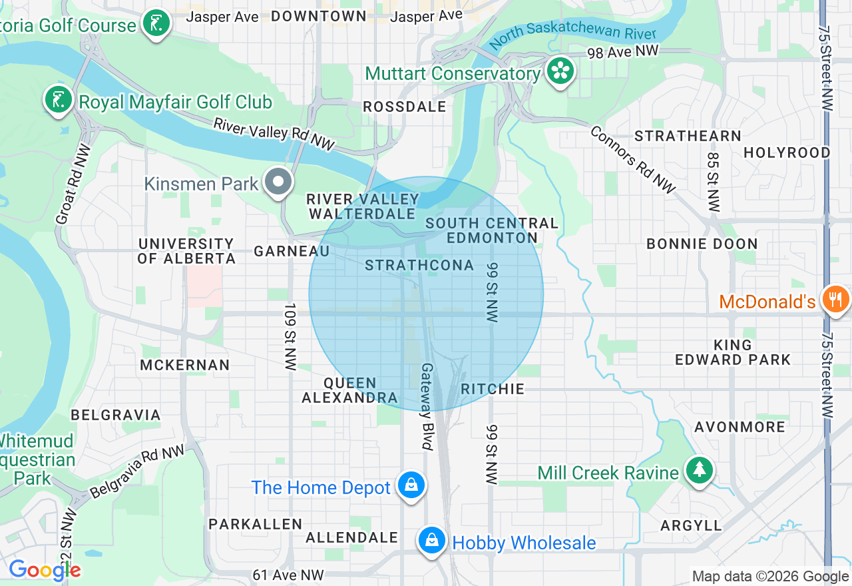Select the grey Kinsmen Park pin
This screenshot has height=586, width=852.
coord(278,182)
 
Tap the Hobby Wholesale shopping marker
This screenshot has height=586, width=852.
coord(432,540)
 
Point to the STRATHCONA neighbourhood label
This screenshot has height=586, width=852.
coord(419,266)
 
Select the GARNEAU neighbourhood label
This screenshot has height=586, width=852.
coord(292,251)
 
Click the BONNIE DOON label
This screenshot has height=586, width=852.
coord(702,244)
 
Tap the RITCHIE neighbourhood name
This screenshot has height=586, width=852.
coord(493,389)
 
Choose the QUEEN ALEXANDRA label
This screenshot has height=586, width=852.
coord(350,391)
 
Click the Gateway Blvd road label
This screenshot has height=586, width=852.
coord(427,406)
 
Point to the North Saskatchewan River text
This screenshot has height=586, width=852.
coord(572,37)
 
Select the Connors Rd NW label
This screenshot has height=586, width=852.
coord(632,160)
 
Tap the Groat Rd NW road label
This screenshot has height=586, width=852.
coord(73,184)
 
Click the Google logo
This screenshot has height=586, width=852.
coord(45,570)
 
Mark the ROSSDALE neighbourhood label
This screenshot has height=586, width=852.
coord(404,107)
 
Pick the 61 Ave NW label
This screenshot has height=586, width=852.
coord(288,575)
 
